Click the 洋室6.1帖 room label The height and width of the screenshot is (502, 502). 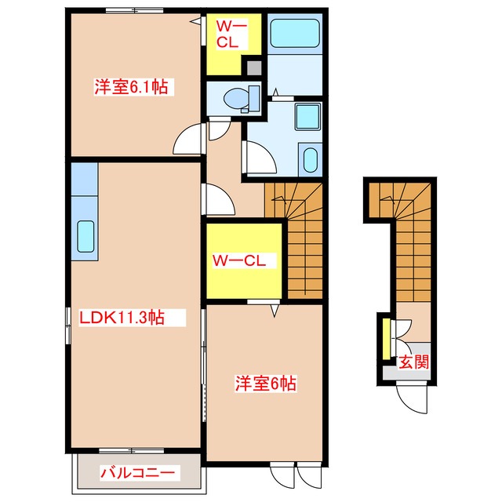[x=132, y=87]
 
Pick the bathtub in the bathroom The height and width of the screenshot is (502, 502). [x=295, y=35]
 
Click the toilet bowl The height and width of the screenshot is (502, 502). [x=236, y=99]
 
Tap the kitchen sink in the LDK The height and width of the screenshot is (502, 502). [x=85, y=235]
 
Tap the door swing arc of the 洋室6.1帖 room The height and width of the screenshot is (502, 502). [x=188, y=141]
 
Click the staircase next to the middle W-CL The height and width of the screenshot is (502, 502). [x=303, y=235]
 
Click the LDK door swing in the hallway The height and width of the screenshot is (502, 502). [x=219, y=200]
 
